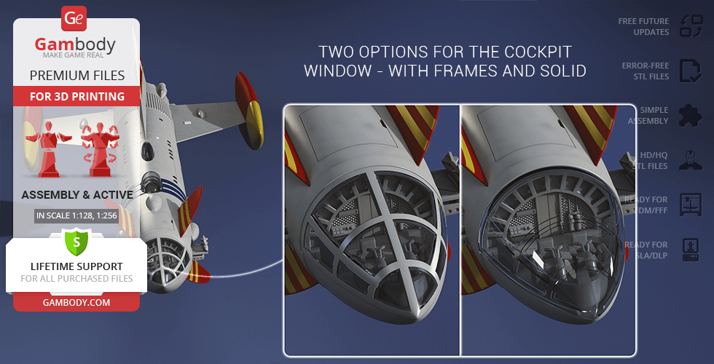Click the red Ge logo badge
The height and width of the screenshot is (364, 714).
(x=74, y=19)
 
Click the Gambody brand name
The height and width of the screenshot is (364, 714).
(x=75, y=44)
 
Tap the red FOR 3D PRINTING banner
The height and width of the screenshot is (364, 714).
(x=77, y=96)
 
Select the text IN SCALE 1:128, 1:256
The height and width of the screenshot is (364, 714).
(x=76, y=215)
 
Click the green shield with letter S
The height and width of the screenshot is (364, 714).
(x=76, y=242)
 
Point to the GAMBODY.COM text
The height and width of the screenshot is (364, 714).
(x=76, y=302)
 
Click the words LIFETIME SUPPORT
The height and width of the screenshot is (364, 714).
(x=76, y=266)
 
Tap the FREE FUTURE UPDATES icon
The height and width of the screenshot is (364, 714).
(x=691, y=26)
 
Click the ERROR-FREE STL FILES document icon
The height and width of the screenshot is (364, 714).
(x=691, y=71)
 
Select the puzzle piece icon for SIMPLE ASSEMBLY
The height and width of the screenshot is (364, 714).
(x=691, y=115)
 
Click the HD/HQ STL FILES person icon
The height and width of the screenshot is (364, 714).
(x=691, y=160)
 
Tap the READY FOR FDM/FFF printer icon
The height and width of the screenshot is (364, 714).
(x=691, y=205)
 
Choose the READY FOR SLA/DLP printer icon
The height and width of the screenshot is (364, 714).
(x=691, y=250)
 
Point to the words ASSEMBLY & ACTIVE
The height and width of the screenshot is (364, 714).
(x=77, y=195)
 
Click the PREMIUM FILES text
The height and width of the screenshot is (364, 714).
(x=77, y=76)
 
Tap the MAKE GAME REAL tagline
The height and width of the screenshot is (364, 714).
(x=74, y=55)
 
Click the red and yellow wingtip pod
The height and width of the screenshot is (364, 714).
(x=249, y=111)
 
